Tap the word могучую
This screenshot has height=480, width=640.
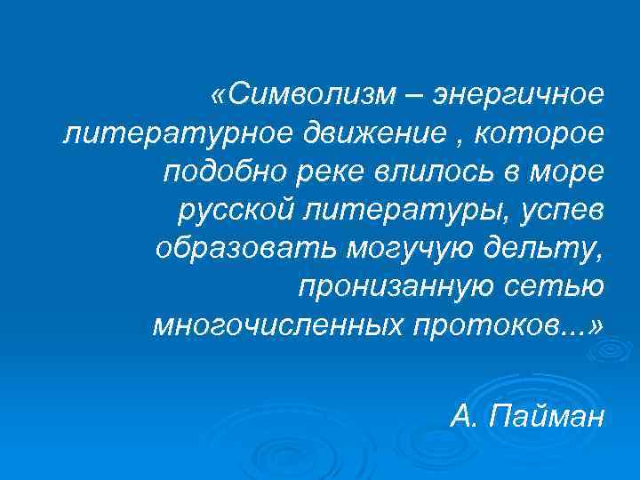click(400, 248)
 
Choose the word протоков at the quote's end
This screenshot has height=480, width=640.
click(485, 325)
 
